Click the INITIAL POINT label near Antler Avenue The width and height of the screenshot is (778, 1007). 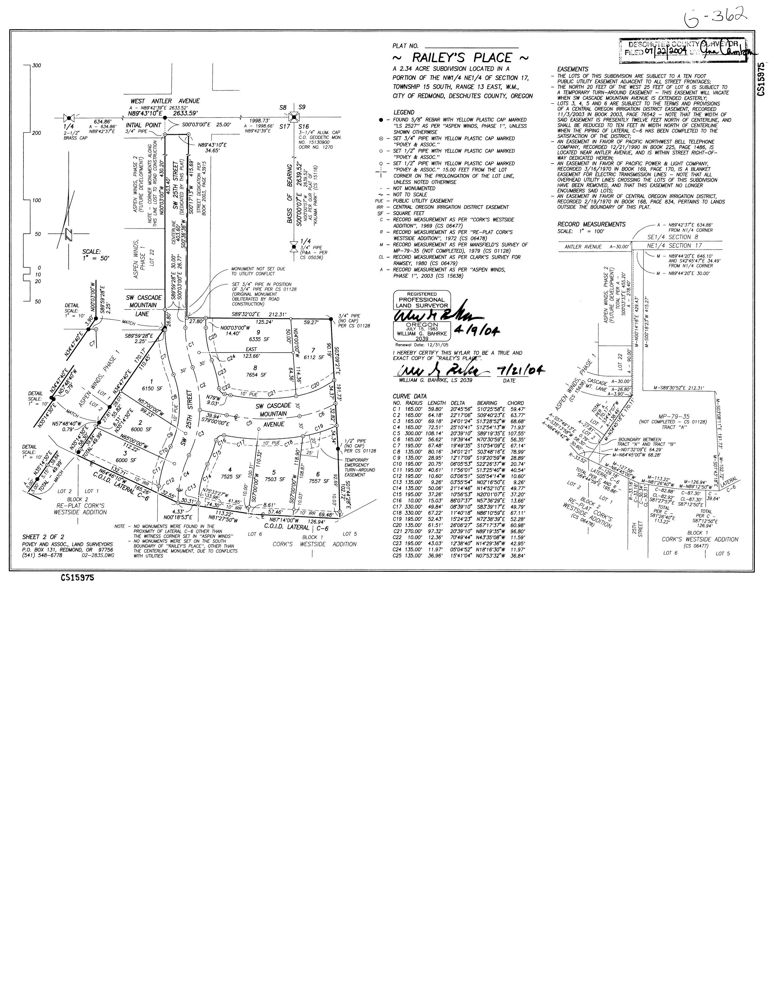143,125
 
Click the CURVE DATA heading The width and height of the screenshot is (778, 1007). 409,396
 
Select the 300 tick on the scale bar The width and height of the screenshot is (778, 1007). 36,66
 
